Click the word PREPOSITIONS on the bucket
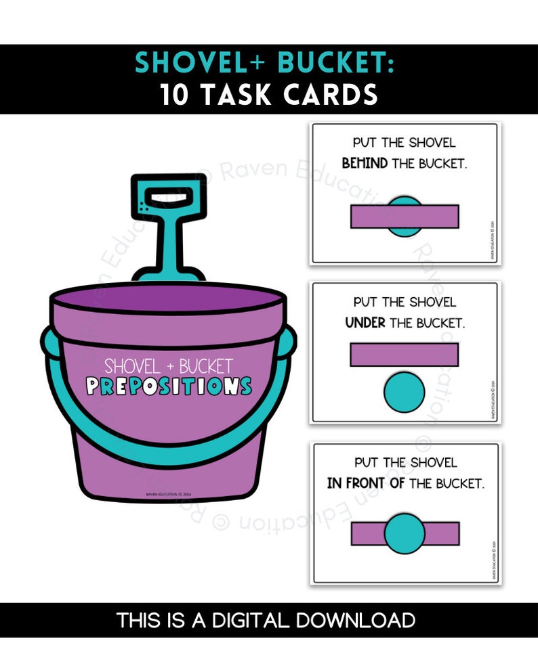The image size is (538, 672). pyautogui.click(x=169, y=387)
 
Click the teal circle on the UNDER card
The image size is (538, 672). pyautogui.click(x=404, y=394)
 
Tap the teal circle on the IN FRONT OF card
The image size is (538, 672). pyautogui.click(x=405, y=533)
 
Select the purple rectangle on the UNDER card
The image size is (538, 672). pyautogui.click(x=404, y=355)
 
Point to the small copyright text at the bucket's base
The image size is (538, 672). pyautogui.click(x=169, y=495)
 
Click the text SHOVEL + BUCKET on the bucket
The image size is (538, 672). pyautogui.click(x=169, y=367)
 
